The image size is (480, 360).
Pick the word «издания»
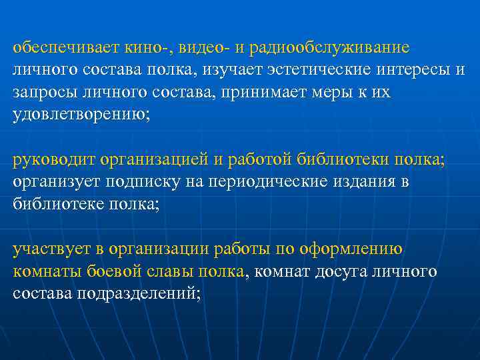(x=376, y=183)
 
